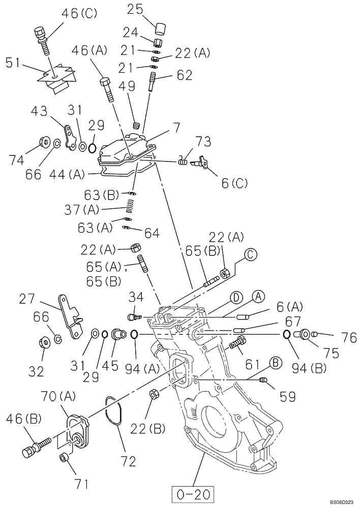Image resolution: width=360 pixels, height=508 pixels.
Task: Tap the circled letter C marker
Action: pyautogui.click(x=250, y=254)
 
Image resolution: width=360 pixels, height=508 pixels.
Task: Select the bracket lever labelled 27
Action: pyautogui.click(x=70, y=316)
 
